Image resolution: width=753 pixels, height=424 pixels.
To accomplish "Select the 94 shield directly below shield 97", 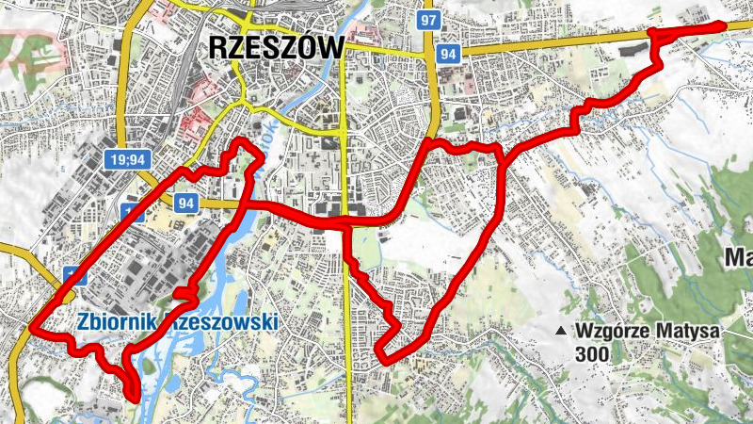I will [449, 55].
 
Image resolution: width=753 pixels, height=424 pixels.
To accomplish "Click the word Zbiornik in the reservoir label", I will [117, 321].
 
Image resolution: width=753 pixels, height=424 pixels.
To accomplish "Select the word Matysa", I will [691, 332].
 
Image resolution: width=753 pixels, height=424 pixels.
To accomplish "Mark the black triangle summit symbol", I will [562, 332].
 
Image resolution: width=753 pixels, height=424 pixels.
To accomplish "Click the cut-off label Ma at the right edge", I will [737, 256].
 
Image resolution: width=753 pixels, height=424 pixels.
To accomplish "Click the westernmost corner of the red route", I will [32, 331].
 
